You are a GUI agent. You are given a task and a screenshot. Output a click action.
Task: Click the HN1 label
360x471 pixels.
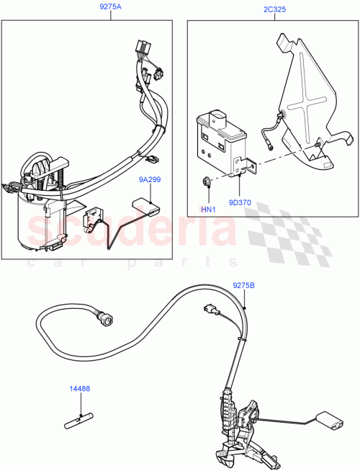(207, 209)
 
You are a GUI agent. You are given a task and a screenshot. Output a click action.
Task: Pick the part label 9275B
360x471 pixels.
(243, 286)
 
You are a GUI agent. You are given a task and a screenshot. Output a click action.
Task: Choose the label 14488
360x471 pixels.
(79, 389)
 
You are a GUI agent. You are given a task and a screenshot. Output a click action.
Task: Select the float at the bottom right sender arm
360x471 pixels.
(332, 421)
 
